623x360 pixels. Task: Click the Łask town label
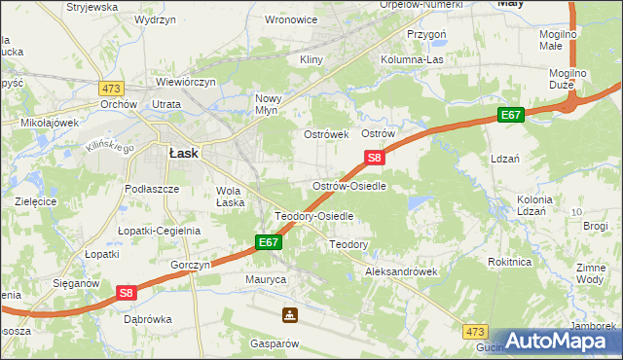pyautogui.click(x=184, y=153)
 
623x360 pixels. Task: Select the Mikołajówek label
pyautogui.click(x=50, y=124)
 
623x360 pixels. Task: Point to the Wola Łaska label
pyautogui.click(x=230, y=197)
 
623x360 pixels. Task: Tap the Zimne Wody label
pyautogui.click(x=590, y=273)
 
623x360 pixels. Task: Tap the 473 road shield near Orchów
pyautogui.click(x=111, y=88)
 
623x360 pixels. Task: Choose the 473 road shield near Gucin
pyautogui.click(x=475, y=332)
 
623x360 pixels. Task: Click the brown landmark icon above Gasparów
pyautogui.click(x=289, y=315)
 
